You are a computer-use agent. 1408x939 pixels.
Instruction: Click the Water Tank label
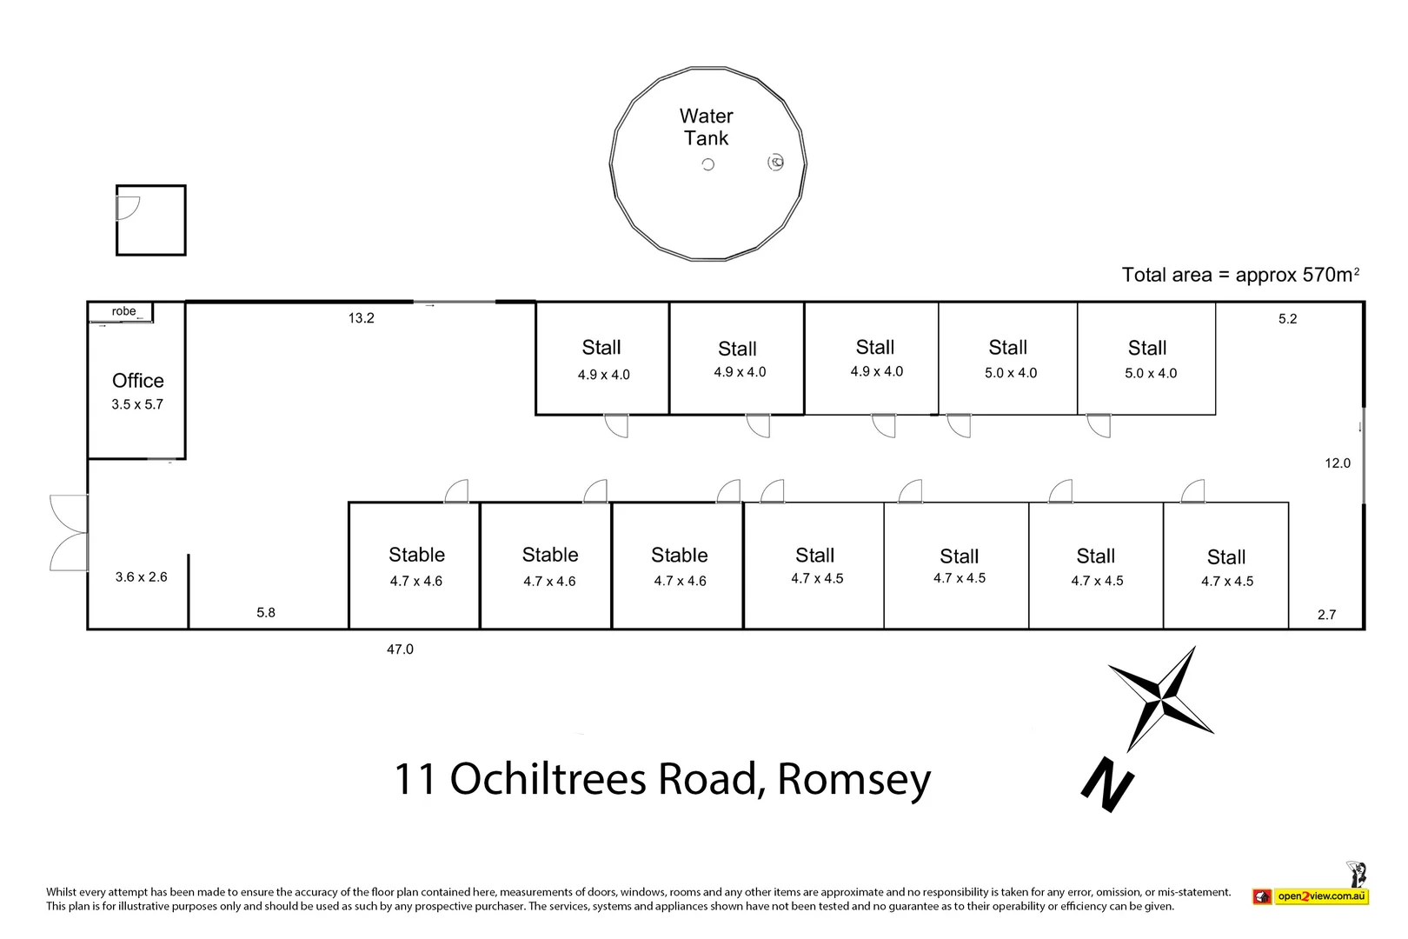click(707, 127)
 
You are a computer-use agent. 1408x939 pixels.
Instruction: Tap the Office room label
click(137, 381)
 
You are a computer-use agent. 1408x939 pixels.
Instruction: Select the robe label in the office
click(123, 311)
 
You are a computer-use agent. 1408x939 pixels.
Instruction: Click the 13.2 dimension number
click(362, 318)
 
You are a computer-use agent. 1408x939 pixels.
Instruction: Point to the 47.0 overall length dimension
click(401, 649)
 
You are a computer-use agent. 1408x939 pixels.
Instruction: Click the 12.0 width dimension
click(1338, 463)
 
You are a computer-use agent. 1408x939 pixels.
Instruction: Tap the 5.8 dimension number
click(266, 613)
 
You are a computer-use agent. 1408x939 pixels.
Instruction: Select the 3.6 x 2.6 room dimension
click(142, 576)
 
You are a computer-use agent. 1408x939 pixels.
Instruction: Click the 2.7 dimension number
click(1327, 615)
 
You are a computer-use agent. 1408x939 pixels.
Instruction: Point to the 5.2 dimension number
click(1288, 319)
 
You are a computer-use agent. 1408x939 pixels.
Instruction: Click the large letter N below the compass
click(1107, 785)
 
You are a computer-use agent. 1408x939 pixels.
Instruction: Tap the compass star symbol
click(1161, 698)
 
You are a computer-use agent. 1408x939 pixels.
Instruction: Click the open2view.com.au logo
click(1312, 895)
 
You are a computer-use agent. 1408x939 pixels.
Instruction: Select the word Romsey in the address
click(853, 780)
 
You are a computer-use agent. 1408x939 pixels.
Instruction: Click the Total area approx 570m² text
click(1241, 275)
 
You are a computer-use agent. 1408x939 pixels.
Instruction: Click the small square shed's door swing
click(129, 208)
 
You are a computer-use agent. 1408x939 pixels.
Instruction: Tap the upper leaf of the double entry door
click(69, 513)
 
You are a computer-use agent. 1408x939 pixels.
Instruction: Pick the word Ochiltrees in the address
click(548, 779)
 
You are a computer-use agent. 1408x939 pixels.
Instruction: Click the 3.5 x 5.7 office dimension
click(137, 404)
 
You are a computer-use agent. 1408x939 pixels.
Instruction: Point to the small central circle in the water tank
click(708, 165)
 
